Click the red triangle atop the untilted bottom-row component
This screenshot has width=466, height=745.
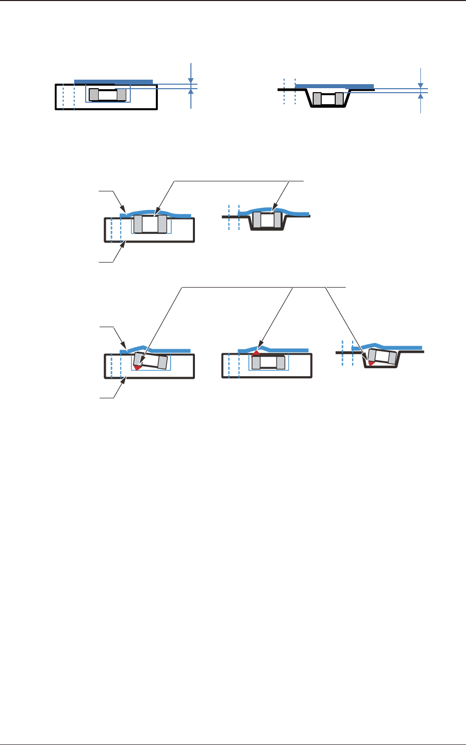tap(256, 353)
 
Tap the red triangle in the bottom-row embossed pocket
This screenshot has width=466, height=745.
tap(371, 363)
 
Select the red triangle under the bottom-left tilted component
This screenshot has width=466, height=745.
tap(137, 367)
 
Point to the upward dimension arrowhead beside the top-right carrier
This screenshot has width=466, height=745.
tap(420, 96)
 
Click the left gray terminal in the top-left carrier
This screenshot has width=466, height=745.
tap(94, 95)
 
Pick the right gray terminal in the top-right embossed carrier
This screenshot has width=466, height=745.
tap(339, 99)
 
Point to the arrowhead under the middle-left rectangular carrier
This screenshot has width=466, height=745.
tap(125, 244)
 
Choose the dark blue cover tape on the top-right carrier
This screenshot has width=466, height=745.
tap(335, 86)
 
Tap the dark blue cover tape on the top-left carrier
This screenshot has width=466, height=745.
tap(113, 81)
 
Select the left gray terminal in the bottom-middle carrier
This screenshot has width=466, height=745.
tap(256, 362)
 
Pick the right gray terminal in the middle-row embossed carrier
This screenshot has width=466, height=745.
tap(278, 220)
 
